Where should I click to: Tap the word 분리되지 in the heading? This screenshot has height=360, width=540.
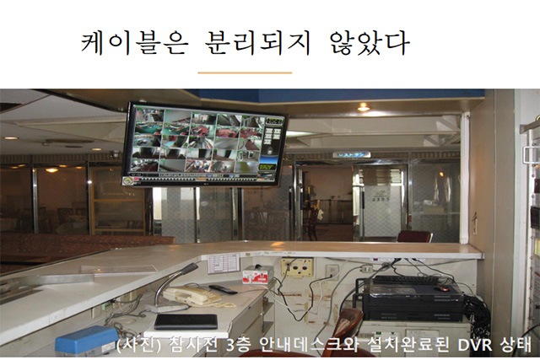click(x=257, y=43)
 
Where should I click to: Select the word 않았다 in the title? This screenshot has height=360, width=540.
click(x=370, y=43)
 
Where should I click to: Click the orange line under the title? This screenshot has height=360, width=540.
click(x=245, y=73)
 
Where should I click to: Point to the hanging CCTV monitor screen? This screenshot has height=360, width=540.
click(x=204, y=144)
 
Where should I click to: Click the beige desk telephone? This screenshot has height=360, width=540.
click(x=192, y=296)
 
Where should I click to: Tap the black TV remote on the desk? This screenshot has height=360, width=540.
click(x=223, y=289)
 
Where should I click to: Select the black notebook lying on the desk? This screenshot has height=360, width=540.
click(x=186, y=321)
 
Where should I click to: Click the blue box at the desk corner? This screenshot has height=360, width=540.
click(x=87, y=340)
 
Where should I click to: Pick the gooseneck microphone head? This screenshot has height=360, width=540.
click(x=192, y=268)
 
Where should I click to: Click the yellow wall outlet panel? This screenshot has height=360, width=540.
click(x=297, y=267)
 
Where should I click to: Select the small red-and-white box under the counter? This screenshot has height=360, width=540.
click(x=256, y=276)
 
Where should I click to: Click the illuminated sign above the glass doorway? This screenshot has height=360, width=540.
click(x=352, y=154)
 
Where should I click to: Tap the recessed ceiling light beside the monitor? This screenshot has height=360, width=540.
click(x=363, y=107)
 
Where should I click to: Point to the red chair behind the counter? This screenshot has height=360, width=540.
click(x=414, y=237)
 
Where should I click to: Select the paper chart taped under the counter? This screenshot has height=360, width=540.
click(x=223, y=264)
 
